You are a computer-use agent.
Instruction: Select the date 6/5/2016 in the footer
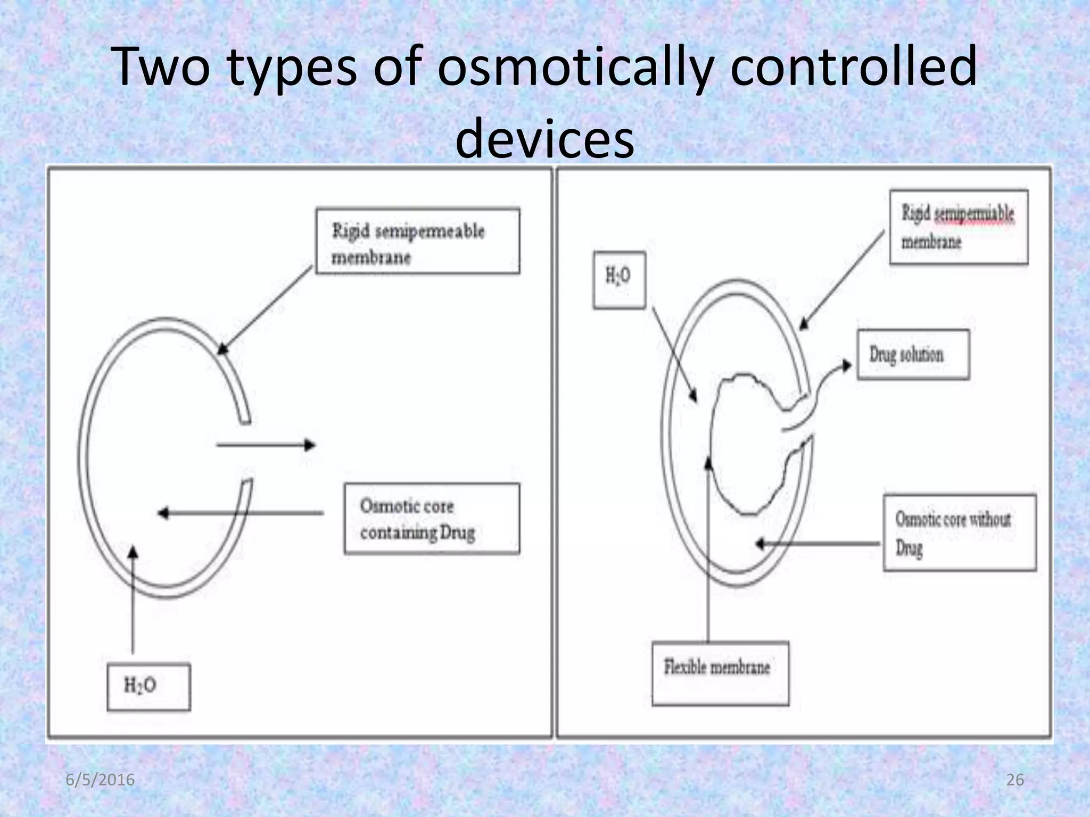click(100, 780)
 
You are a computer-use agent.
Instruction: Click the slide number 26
click(1015, 780)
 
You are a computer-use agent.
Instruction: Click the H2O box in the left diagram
click(148, 686)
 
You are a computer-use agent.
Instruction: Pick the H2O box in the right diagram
click(619, 280)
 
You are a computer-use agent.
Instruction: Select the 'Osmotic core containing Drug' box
click(432, 519)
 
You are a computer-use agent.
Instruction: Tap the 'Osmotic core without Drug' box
click(960, 532)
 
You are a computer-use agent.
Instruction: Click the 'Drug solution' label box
click(913, 354)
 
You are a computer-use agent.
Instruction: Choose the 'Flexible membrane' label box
click(720, 673)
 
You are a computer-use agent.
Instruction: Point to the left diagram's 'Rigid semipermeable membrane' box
click(417, 241)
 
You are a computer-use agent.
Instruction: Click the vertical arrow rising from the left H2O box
click(133, 601)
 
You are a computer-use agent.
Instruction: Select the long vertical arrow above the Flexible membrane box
click(708, 548)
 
